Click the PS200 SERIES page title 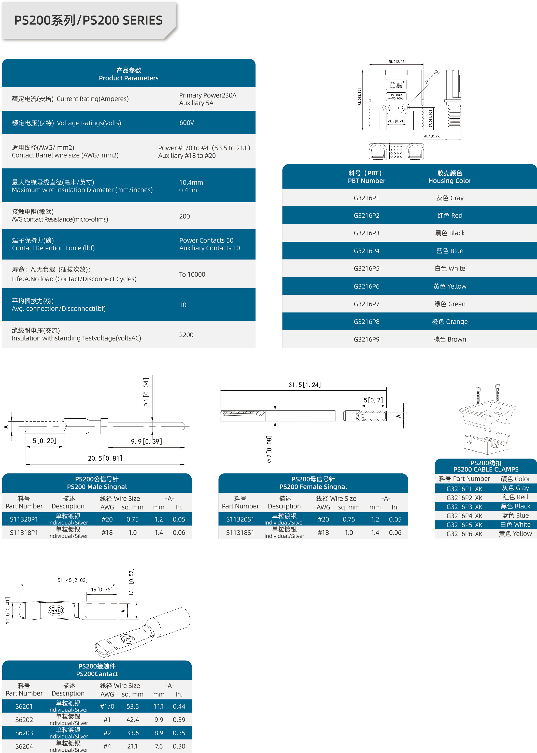tap(88, 21)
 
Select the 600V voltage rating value tap(187, 123)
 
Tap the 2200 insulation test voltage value tap(186, 335)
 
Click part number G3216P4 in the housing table tap(366, 251)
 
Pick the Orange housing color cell tap(449, 322)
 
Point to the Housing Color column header tap(449, 177)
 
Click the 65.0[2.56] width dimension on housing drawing tap(397, 62)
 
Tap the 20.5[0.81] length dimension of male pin tap(105, 458)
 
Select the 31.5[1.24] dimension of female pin tap(305, 385)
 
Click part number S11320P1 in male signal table tap(24, 519)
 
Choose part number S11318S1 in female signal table tap(240, 533)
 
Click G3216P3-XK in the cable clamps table tap(464, 507)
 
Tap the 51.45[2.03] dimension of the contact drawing tap(73, 580)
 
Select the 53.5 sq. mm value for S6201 tap(133, 706)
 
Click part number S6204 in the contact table tap(24, 746)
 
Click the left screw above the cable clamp tap(478, 395)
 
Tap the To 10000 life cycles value tap(192, 274)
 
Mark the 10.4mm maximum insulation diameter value tap(191, 182)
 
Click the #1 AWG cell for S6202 tap(107, 720)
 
